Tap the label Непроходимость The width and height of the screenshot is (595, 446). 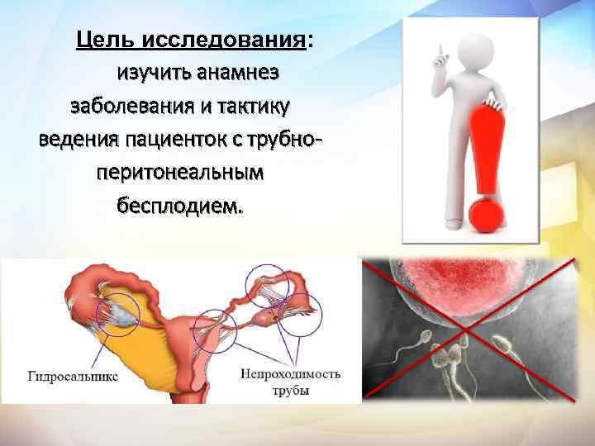[x=290, y=374]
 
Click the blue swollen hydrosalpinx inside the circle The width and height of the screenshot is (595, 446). [x=117, y=311]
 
